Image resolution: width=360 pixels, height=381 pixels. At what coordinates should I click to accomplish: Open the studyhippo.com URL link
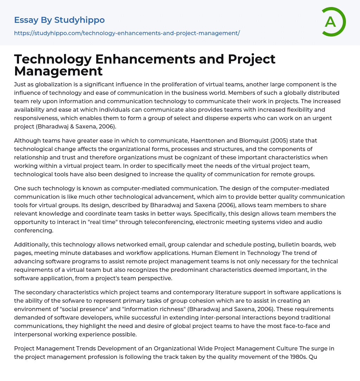click(127, 33)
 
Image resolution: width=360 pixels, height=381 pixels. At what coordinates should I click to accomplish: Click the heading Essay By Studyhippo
click(59, 20)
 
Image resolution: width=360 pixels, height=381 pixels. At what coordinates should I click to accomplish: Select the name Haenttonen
click(208, 140)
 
